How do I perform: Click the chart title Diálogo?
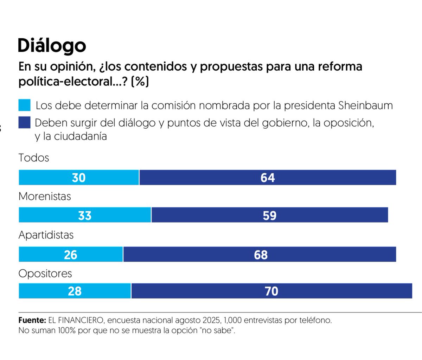click(52, 46)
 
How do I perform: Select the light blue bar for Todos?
click(79, 178)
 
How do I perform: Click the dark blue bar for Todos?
click(268, 178)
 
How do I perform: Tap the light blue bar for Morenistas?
click(85, 215)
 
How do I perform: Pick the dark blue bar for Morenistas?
click(270, 215)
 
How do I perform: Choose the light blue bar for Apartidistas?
click(71, 255)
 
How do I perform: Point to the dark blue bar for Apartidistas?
click(260, 255)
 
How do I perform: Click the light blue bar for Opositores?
click(75, 291)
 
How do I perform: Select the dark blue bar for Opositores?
click(271, 291)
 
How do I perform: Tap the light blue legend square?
click(25, 105)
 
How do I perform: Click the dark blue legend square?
click(25, 122)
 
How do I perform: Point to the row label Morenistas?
click(45, 196)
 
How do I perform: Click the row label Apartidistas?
click(46, 235)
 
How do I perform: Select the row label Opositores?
click(45, 274)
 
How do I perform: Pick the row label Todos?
click(34, 157)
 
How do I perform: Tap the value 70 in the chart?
click(271, 291)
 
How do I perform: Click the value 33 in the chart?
click(85, 215)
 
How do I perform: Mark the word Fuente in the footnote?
click(32, 320)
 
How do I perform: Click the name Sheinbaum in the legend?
click(365, 105)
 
